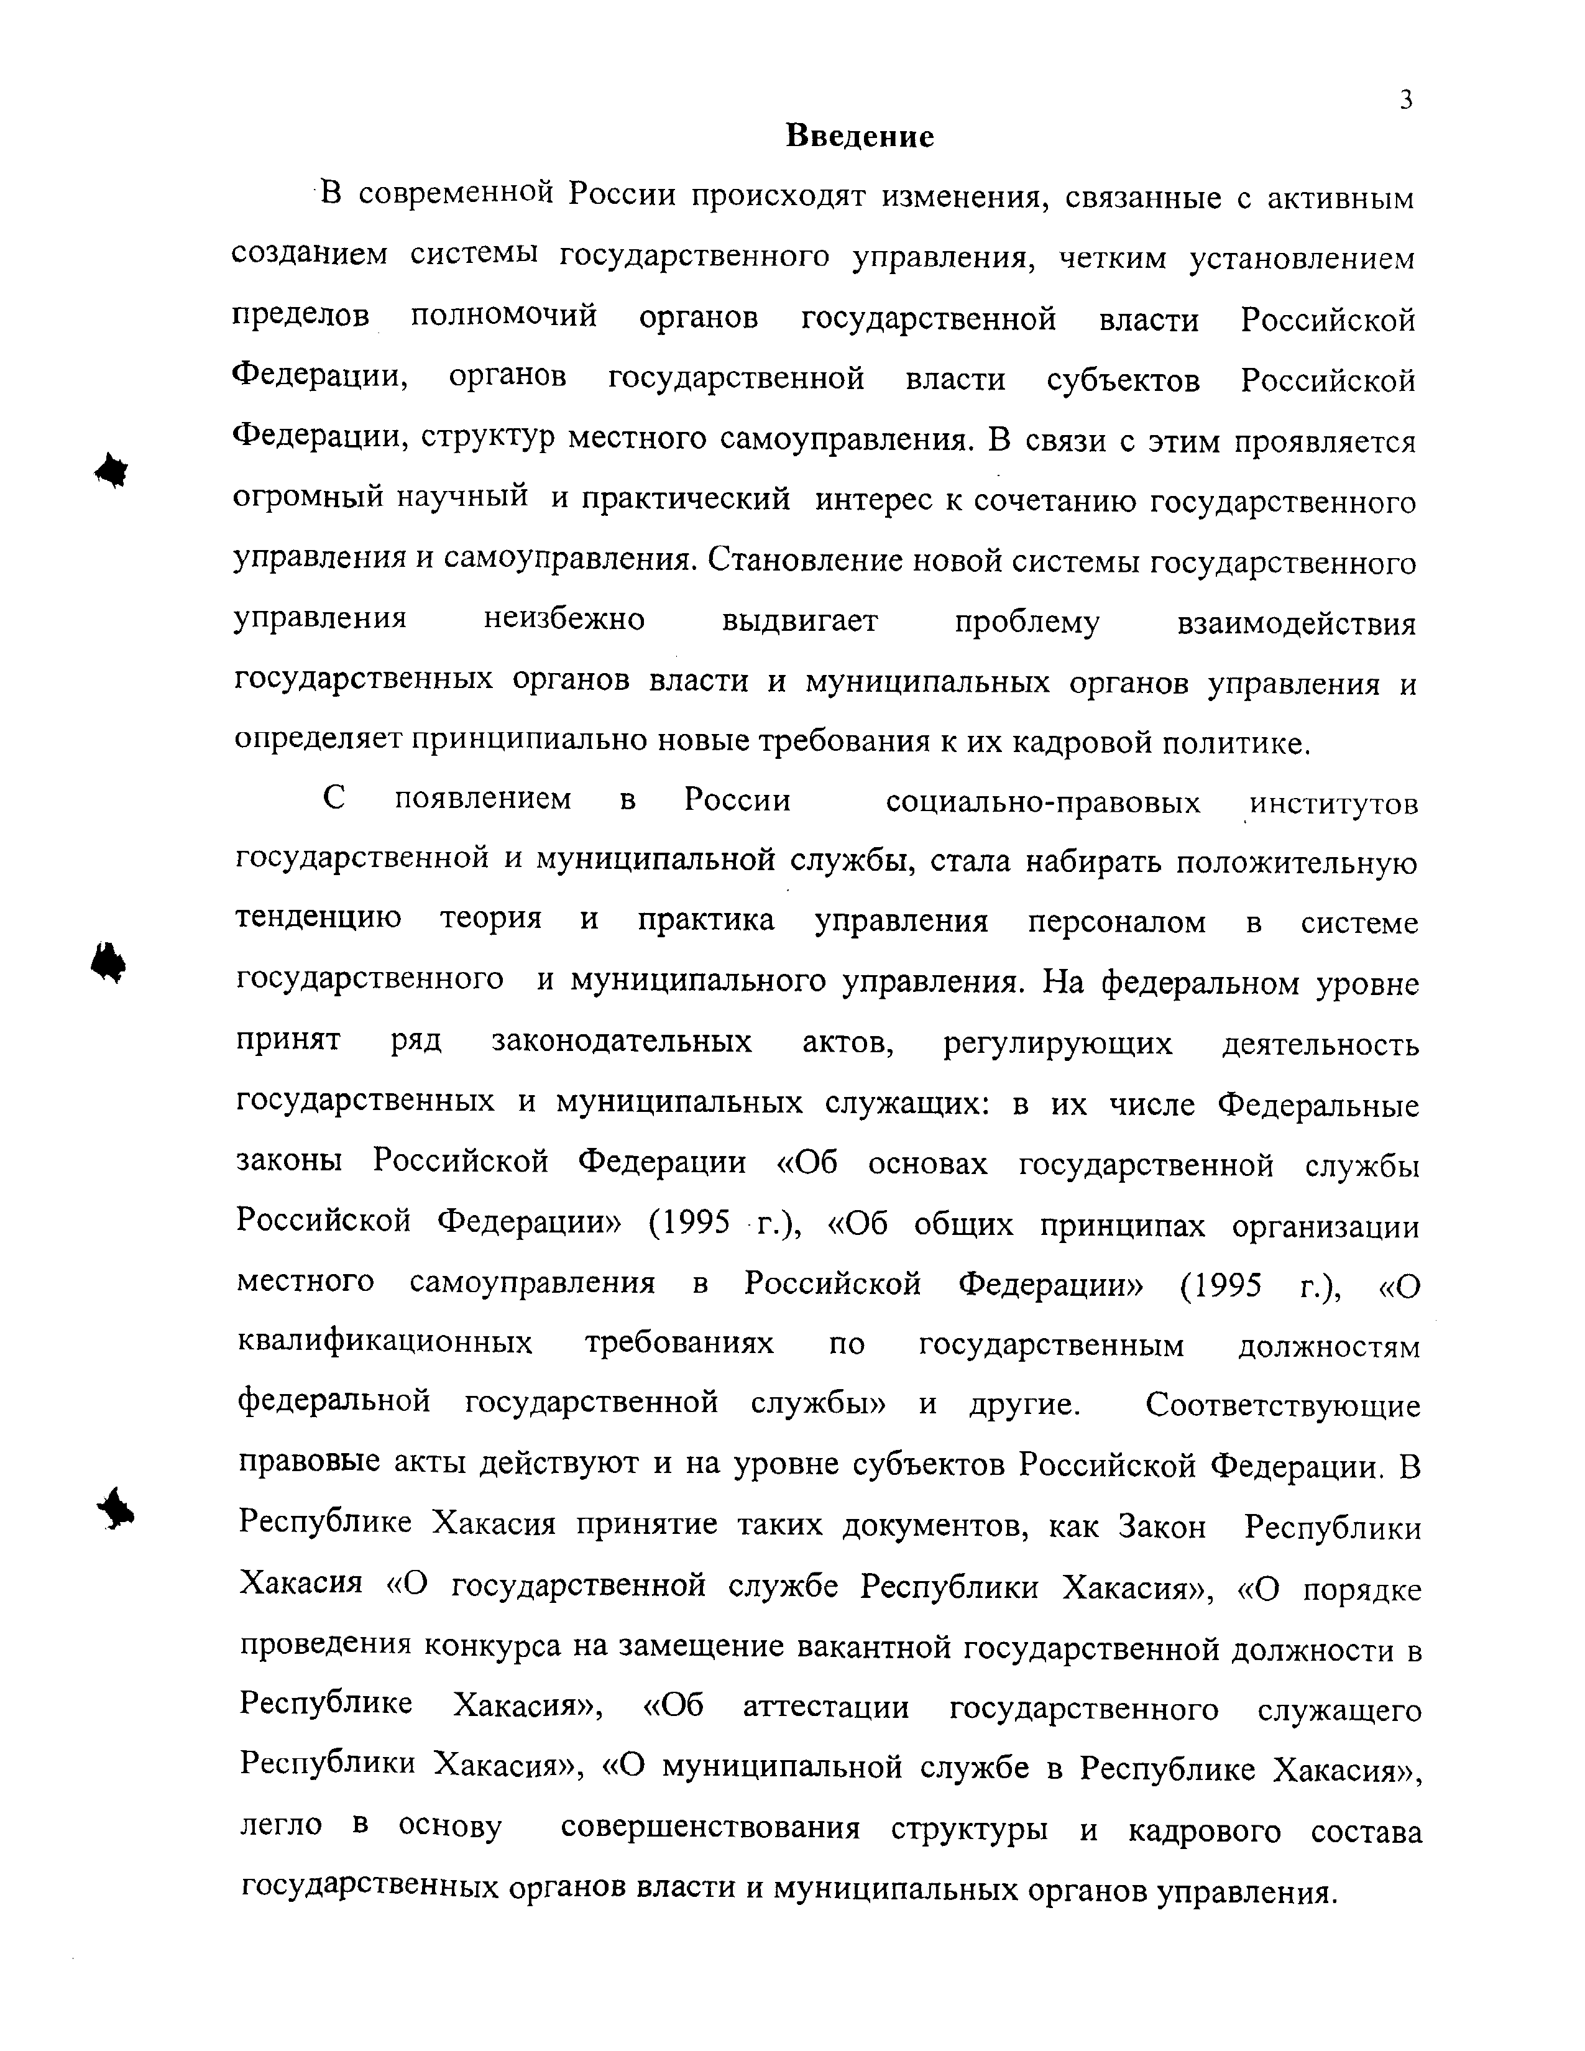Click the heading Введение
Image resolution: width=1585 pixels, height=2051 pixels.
pos(859,137)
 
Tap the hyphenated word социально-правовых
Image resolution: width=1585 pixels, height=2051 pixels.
pos(1042,803)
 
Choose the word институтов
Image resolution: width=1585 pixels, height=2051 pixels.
pos(1333,805)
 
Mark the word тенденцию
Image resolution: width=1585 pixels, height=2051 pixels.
pos(318,919)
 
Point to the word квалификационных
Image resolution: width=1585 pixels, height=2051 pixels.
pos(384,1344)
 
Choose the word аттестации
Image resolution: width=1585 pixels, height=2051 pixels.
pos(825,1708)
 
